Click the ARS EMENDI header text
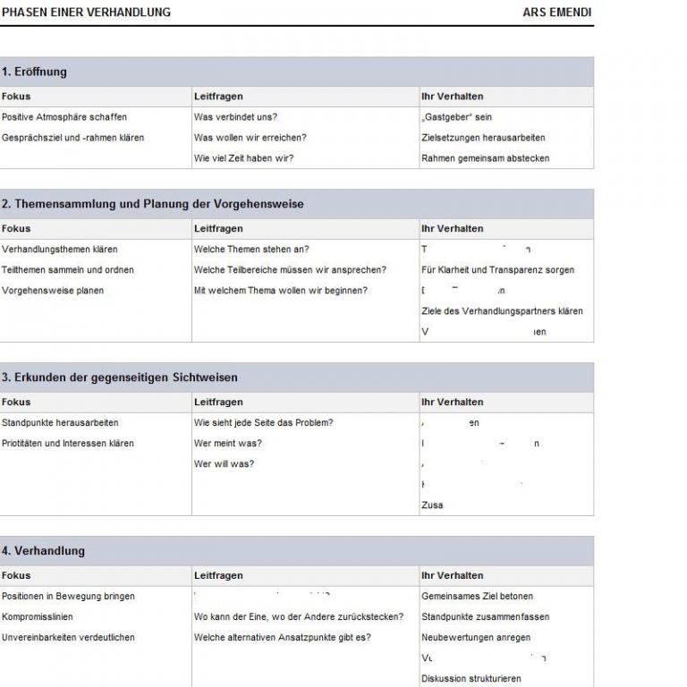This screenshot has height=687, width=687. (x=556, y=13)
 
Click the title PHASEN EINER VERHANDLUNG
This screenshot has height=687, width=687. (x=86, y=13)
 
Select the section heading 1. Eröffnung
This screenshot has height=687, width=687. (x=34, y=72)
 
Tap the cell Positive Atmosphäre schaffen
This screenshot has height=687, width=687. (x=64, y=117)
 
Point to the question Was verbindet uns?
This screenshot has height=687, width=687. (x=235, y=117)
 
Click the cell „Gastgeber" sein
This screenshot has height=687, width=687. (x=456, y=117)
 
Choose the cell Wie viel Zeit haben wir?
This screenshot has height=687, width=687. (x=243, y=158)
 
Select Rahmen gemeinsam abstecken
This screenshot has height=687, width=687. (x=485, y=158)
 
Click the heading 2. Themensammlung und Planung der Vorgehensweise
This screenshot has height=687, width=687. (x=153, y=204)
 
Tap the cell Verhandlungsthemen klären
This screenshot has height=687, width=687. (x=59, y=250)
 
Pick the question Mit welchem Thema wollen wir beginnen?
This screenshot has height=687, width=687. (x=281, y=291)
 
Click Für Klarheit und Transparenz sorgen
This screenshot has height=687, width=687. (x=497, y=270)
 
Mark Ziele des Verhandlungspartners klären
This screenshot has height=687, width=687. (x=502, y=311)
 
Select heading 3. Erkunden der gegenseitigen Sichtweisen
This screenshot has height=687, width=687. (x=120, y=377)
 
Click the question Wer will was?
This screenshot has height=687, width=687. (x=224, y=464)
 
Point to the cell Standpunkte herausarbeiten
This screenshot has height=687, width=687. (x=60, y=423)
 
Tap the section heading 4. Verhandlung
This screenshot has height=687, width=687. (x=43, y=551)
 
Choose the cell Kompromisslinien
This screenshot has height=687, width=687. (x=38, y=617)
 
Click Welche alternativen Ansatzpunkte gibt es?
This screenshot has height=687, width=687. (x=282, y=638)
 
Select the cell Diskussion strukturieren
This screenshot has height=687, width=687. (x=471, y=679)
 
